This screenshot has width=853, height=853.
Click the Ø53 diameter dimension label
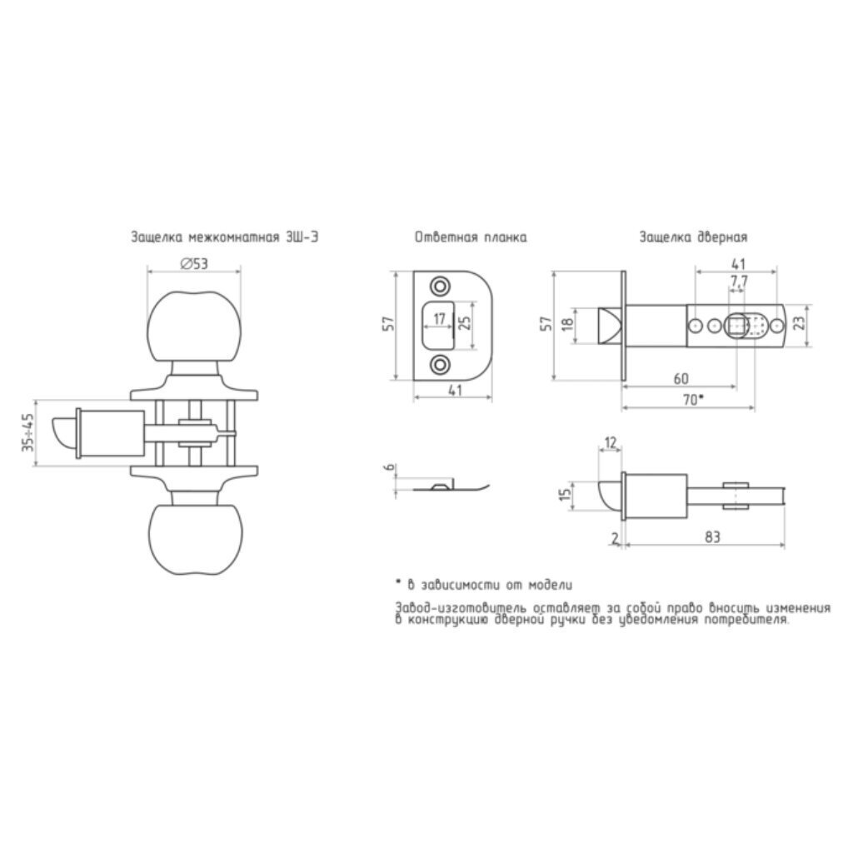tap(193, 264)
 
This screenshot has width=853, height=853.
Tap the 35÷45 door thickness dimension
tap(28, 432)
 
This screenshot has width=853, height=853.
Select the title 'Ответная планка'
tap(471, 237)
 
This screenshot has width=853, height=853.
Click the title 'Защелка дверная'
tap(693, 237)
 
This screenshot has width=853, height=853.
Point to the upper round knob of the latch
tap(193, 326)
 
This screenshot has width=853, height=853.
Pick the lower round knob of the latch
tap(193, 539)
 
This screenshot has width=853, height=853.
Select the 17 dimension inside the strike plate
tap(440, 318)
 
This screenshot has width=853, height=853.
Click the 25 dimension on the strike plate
tap(466, 324)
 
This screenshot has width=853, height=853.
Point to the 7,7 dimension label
tap(739, 282)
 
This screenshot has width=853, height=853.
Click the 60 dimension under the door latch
tap(681, 379)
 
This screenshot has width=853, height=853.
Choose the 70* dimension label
tap(693, 400)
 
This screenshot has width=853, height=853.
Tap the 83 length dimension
tap(712, 537)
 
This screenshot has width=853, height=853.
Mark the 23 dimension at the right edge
tap(799, 324)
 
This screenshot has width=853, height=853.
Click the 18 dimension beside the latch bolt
tap(567, 324)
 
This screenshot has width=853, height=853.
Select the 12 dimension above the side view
tap(611, 443)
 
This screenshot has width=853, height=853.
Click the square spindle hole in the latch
tap(737, 327)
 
